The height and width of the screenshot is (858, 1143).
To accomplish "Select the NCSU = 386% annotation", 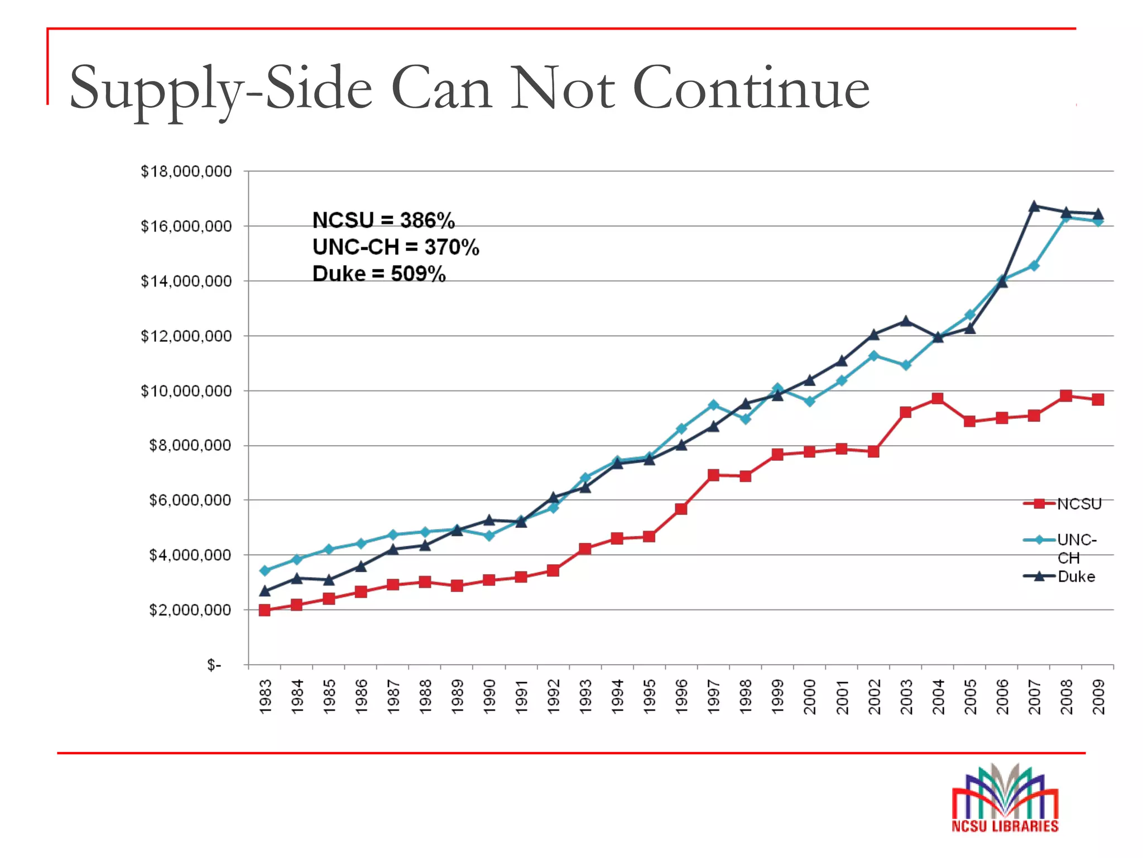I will pos(383,221).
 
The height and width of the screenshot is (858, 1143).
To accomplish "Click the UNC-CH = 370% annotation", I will pos(395,247).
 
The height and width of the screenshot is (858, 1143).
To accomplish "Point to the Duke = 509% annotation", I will pos(379,274).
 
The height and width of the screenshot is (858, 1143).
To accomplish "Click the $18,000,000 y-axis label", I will pos(186,171).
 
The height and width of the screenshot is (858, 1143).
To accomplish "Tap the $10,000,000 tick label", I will pos(186,391).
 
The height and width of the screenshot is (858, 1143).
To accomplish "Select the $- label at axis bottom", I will pos(214,665).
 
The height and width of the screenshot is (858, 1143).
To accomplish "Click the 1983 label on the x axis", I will pos(266,696).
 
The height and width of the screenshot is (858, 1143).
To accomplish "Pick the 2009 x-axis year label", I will pos(1098,696).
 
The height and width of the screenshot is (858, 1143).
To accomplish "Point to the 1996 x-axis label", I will pos(681,696).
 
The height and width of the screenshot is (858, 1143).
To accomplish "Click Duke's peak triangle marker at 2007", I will pos(1034,206).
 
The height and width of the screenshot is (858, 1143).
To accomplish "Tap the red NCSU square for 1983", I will pos(265,610).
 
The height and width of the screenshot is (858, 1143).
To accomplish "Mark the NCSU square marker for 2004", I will pos(938,398).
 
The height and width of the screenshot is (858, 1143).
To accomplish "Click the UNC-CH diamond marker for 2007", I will pos(1034,266).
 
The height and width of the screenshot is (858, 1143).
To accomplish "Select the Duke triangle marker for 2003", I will pos(906,321).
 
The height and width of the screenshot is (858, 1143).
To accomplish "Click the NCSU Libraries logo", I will pos(1005,799).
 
